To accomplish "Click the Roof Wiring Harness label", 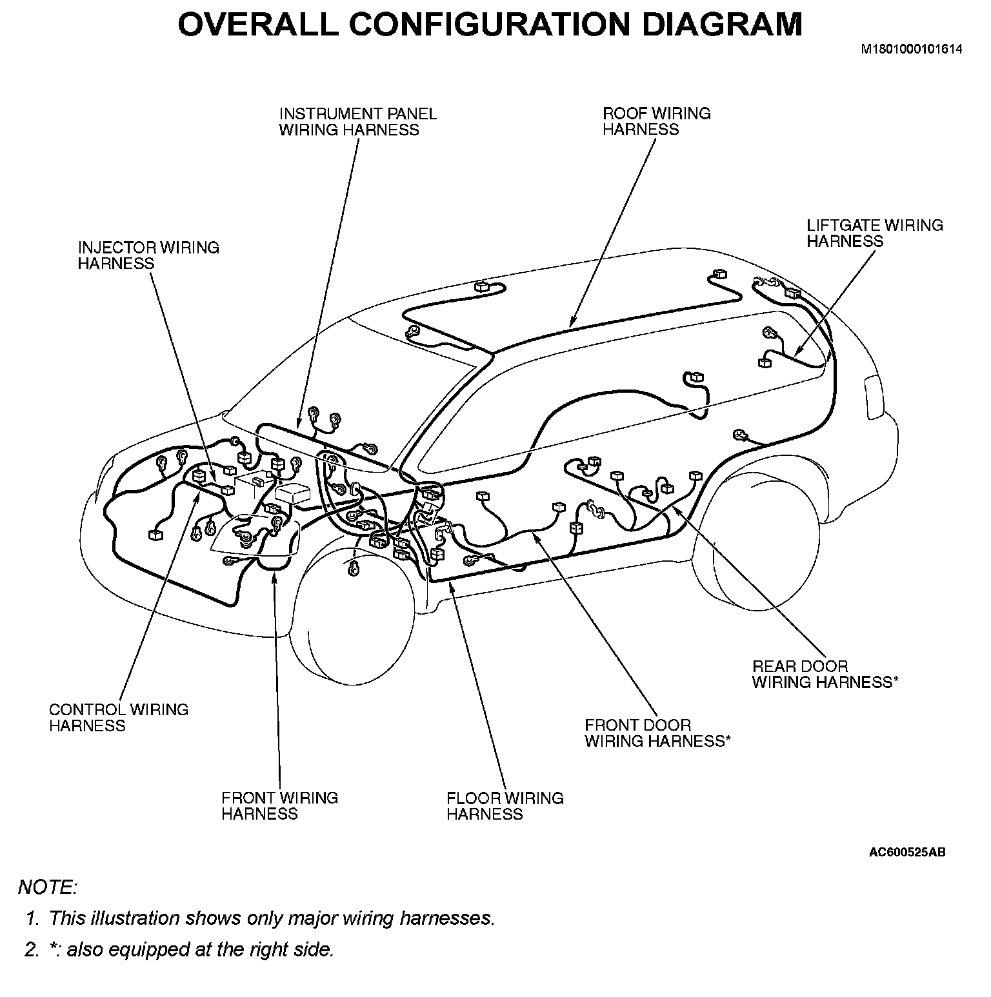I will (656, 121).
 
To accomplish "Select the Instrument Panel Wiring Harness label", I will (357, 121).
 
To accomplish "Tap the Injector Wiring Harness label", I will (148, 255).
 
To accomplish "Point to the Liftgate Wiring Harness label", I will (874, 233).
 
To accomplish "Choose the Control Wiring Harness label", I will (119, 717).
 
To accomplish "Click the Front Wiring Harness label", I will (279, 805).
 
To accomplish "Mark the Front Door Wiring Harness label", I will (657, 733).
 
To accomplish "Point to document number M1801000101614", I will (912, 49).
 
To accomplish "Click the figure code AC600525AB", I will (907, 853).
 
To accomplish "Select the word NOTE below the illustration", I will (47, 887).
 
